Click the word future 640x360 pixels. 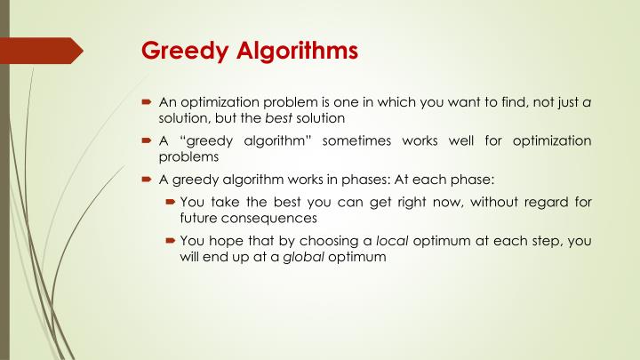[198, 218]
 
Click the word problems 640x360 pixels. [188, 156]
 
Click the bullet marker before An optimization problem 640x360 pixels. [148, 103]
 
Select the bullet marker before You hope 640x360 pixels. [169, 241]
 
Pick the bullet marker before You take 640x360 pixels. [169, 202]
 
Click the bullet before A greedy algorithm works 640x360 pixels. [148, 178]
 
